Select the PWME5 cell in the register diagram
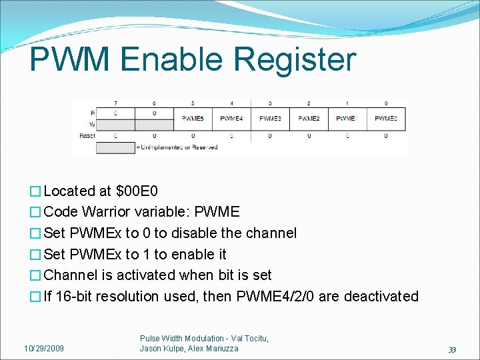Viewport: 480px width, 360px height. click(193, 118)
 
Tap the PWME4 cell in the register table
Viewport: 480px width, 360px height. click(231, 118)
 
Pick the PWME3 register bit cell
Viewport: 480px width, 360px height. click(270, 118)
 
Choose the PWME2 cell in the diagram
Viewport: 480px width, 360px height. click(309, 118)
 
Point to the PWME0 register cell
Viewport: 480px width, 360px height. click(386, 118)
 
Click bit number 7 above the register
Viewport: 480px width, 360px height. click(115, 103)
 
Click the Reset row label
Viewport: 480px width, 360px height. click(87, 135)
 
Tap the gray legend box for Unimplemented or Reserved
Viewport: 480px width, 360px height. click(115, 147)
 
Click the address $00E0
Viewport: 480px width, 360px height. click(137, 191)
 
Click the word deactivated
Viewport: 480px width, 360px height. click(379, 296)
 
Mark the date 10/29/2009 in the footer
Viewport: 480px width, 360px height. click(44, 348)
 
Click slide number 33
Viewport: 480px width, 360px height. click(452, 349)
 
